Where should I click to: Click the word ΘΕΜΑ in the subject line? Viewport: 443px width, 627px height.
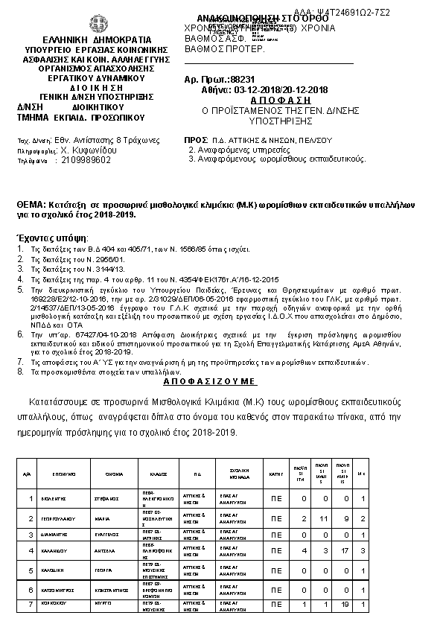pos(31,204)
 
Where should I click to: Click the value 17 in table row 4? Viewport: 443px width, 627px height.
pos(342,551)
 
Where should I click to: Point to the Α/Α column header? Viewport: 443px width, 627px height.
pos(28,472)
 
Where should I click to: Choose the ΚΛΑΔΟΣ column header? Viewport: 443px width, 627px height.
pos(157,472)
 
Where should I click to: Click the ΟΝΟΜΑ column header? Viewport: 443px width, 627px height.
pos(114,472)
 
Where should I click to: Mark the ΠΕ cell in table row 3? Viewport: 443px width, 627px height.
pos(276,535)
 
